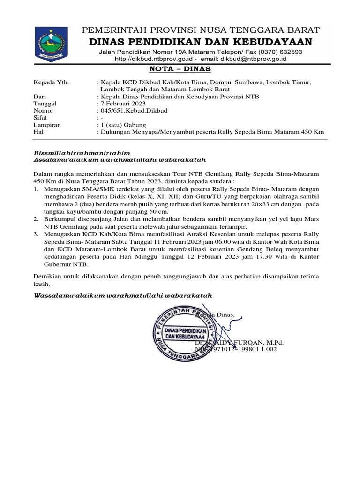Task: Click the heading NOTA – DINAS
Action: (x=180, y=70)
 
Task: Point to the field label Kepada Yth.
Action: (x=51, y=82)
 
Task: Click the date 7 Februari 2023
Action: (x=122, y=104)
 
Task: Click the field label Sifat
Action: (x=41, y=118)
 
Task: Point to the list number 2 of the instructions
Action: (x=36, y=218)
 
